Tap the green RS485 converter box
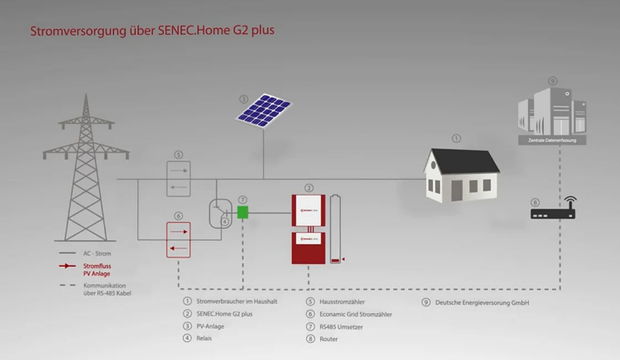pos(243,212)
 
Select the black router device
pos(553,213)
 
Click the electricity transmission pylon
pos(86,171)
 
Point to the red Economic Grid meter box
pos(178,239)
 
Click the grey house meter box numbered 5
pos(178,178)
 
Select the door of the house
pos(456,191)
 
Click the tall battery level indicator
pos(335,228)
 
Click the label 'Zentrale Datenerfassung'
pos(552,141)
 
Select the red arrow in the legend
pos(67,266)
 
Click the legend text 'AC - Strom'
pos(97,254)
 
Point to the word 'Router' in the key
pos(328,339)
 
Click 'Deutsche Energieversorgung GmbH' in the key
pos(482,302)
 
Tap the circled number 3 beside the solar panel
pos(244,100)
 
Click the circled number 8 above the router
pos(534,202)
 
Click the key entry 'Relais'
pos(204,338)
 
